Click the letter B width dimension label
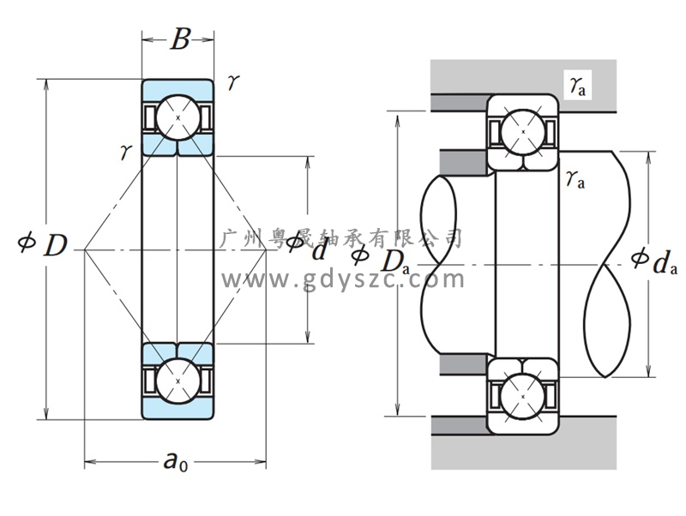tap(178, 39)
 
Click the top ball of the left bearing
tap(178, 117)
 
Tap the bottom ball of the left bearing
tap(178, 380)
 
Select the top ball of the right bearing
tap(522, 130)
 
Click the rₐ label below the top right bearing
tap(575, 180)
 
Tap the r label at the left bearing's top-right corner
tap(233, 83)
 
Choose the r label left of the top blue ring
tap(125, 153)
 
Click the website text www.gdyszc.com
tap(343, 279)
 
